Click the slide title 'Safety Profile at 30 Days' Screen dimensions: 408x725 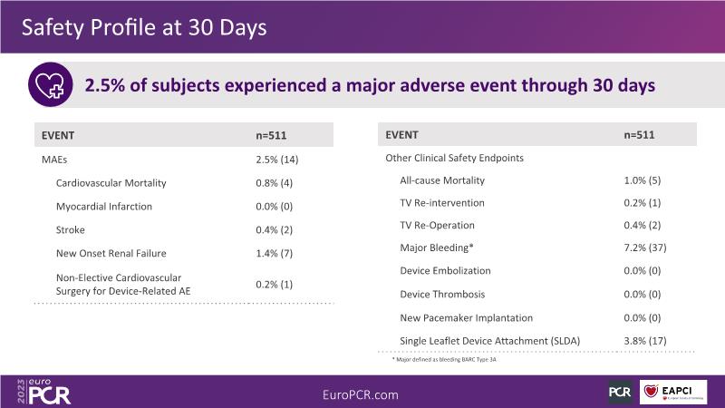coord(144,27)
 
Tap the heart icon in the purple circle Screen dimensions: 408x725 coord(50,86)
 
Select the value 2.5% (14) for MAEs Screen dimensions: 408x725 coord(277,160)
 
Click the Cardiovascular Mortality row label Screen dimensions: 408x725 coord(111,183)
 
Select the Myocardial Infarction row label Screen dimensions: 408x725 coord(103,207)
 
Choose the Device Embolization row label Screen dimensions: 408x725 coord(445,271)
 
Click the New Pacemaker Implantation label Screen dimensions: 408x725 coord(466,317)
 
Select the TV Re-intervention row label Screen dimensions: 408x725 coord(442,203)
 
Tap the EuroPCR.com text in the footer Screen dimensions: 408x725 coord(361,394)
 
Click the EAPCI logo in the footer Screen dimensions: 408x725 coord(673,392)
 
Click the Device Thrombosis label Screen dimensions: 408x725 coord(442,294)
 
